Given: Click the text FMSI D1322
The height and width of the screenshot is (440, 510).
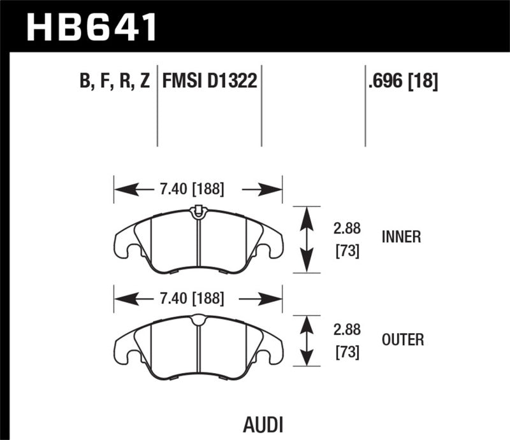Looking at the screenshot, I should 210,82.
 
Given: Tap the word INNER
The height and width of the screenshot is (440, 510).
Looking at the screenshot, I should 401,237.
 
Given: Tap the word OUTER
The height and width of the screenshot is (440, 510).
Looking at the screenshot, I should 402,341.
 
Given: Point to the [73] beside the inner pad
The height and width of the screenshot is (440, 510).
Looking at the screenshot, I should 347,251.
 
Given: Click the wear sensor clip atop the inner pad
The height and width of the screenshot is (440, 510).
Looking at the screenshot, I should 198,209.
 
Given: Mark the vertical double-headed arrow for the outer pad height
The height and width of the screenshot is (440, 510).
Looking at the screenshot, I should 307,341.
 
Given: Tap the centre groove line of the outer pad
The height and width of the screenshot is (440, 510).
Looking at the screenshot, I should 198,350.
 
